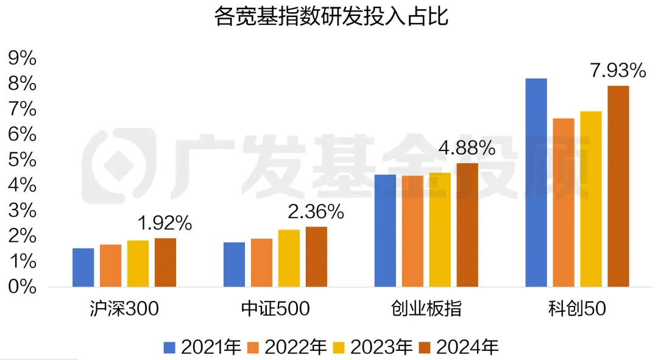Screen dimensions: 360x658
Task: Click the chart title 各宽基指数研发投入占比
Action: (331, 16)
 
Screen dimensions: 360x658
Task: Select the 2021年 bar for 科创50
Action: (536, 183)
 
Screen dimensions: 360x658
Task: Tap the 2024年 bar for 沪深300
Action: (165, 263)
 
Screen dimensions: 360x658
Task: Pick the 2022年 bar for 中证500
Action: (261, 263)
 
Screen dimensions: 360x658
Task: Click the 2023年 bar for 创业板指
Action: (440, 230)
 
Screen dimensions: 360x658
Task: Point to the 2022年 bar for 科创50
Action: (563, 202)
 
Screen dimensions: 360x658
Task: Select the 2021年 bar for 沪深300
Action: (83, 267)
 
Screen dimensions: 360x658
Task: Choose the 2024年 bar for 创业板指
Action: (467, 225)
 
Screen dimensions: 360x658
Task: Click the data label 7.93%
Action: (617, 71)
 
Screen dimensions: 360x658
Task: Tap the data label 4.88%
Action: (467, 148)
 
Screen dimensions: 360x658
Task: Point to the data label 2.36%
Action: (316, 212)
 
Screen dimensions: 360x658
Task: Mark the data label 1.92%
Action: (164, 224)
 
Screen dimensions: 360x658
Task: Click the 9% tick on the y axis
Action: (23, 58)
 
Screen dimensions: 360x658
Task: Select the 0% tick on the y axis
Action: (23, 287)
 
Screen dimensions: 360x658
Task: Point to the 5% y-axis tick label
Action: (23, 160)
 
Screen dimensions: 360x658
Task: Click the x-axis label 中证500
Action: (275, 309)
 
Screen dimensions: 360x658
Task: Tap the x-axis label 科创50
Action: (576, 309)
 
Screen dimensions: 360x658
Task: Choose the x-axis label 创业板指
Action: (426, 309)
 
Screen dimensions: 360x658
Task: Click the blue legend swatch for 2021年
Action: (169, 347)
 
